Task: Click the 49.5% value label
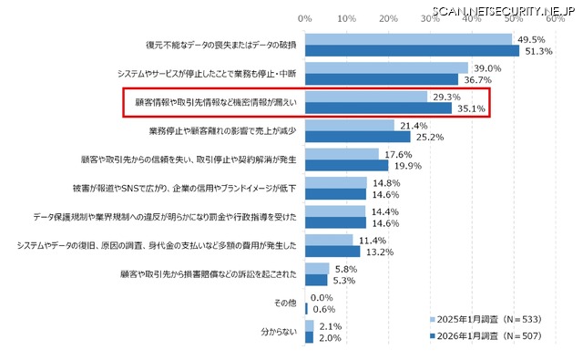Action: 530,40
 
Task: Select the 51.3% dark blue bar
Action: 412,51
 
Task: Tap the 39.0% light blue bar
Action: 386,68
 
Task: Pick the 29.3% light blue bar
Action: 366,97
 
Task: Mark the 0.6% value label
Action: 323,308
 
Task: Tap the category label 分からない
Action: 278,331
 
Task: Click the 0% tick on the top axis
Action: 305,17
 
